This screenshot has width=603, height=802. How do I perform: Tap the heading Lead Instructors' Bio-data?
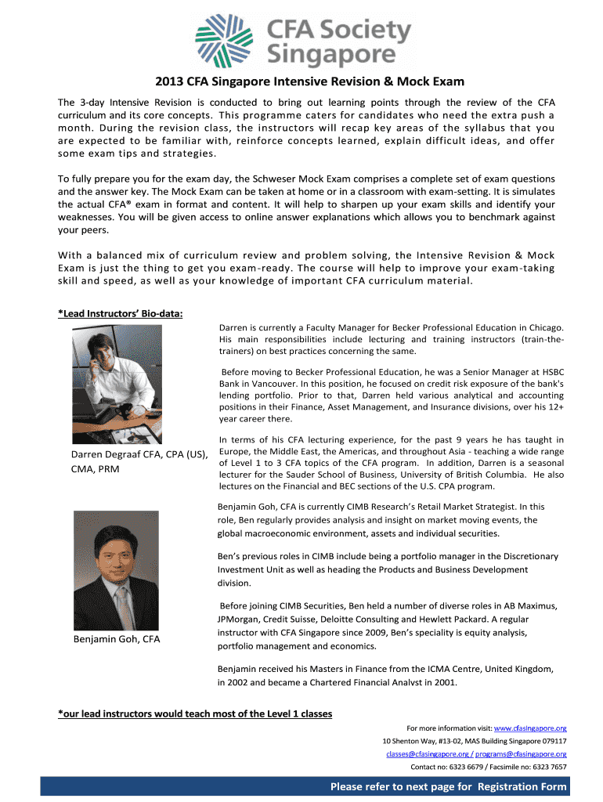(121, 314)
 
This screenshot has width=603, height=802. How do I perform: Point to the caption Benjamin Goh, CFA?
(115, 640)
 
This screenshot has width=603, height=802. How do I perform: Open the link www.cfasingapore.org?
(530, 728)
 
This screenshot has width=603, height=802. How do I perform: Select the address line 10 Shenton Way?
(474, 740)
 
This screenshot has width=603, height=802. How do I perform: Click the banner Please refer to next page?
(448, 786)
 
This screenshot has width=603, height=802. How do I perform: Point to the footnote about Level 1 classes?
(195, 713)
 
